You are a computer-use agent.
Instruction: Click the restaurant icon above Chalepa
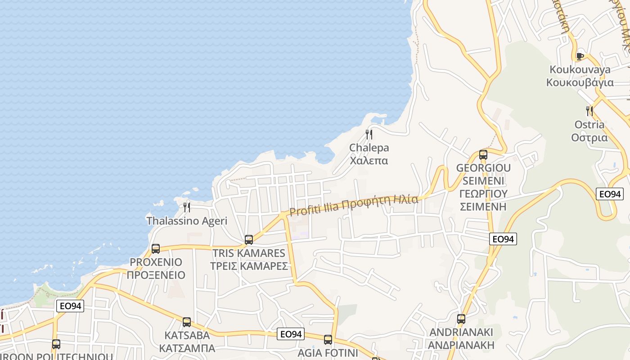tap(369, 134)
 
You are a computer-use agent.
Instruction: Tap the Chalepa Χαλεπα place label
tap(369, 154)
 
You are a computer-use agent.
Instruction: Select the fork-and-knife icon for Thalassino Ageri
tap(187, 207)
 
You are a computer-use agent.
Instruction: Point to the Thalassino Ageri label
tap(187, 221)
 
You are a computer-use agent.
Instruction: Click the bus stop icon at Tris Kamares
tap(249, 240)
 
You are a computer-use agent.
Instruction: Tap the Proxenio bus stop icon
tap(156, 249)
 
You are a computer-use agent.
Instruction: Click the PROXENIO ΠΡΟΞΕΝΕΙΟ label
tap(156, 268)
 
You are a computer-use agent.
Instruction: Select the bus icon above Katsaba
tap(187, 322)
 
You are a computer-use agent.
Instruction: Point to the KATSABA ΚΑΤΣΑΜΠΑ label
tap(187, 342)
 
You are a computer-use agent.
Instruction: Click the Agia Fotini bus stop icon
tap(328, 340)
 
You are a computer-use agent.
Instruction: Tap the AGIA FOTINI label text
tap(328, 353)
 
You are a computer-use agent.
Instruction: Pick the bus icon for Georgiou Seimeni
tap(483, 155)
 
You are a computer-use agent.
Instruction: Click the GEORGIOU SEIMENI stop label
tap(483, 187)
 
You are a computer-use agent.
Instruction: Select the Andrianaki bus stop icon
tap(461, 319)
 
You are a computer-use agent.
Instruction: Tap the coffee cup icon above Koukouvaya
tap(580, 56)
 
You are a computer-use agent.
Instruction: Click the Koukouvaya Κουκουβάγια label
tap(580, 76)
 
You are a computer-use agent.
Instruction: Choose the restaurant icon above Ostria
tap(589, 111)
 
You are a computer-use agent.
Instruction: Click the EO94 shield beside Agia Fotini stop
tap(291, 334)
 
